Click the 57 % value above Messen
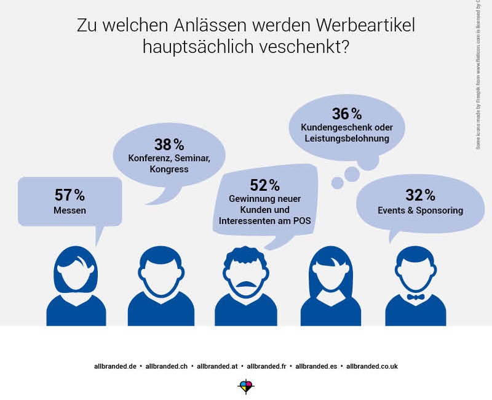pos(69,195)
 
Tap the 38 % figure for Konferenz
pos(169,145)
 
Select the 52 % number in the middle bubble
pos(264,185)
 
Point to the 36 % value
pos(347,114)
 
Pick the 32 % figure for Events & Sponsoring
pos(420,195)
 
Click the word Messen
pos(69,210)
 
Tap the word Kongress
pos(169,169)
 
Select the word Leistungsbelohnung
pos(347,138)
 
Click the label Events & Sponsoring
pos(420,210)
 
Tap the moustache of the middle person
pos(246,284)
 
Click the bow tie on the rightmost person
pos(416,297)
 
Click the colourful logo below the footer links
pos(245,386)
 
